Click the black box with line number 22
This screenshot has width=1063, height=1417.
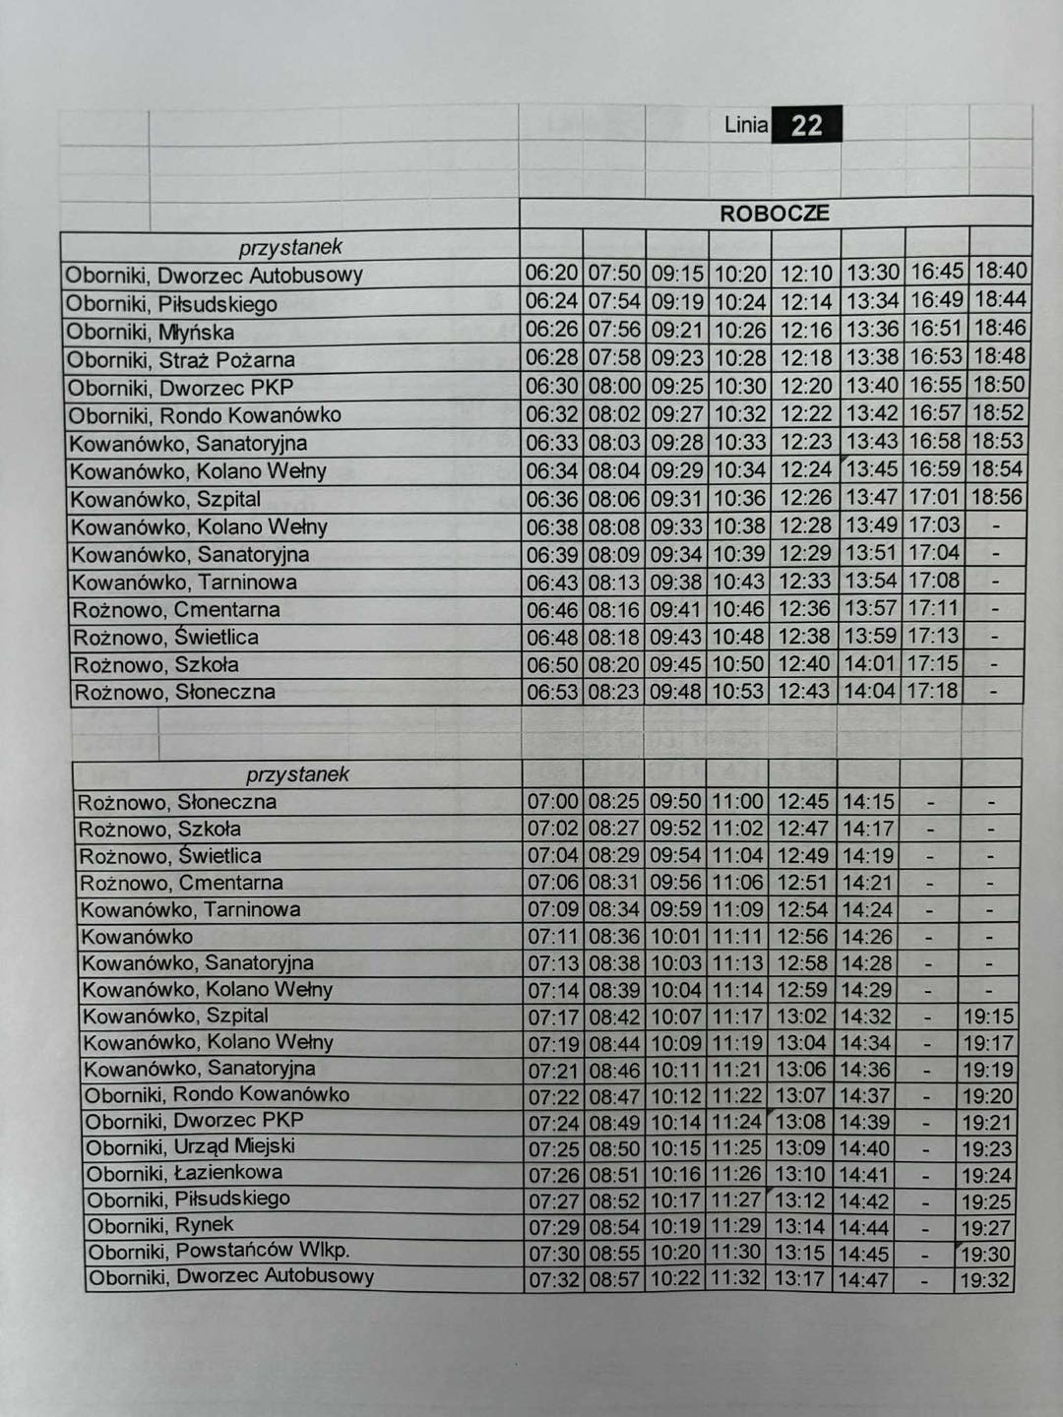[806, 125]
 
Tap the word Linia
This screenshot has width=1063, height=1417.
[745, 125]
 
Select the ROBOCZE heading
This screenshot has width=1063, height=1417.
[775, 214]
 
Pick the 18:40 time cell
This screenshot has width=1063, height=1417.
[1000, 271]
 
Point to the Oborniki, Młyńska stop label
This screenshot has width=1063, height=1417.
[151, 332]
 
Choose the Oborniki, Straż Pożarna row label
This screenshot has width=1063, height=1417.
[181, 360]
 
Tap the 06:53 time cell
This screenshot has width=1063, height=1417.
[553, 692]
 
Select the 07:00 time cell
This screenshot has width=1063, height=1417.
[553, 802]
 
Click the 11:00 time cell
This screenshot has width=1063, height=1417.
[737, 802]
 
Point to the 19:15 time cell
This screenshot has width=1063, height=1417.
[987, 1017]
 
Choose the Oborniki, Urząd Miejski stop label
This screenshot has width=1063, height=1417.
[190, 1146]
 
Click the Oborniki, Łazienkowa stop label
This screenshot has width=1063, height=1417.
[184, 1173]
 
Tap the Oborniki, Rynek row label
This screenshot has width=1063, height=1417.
[160, 1225]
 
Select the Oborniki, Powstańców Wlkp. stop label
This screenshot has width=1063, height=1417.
[219, 1252]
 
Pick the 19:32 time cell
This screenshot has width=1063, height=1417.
[986, 1280]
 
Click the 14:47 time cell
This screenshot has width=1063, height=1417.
[864, 1280]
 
